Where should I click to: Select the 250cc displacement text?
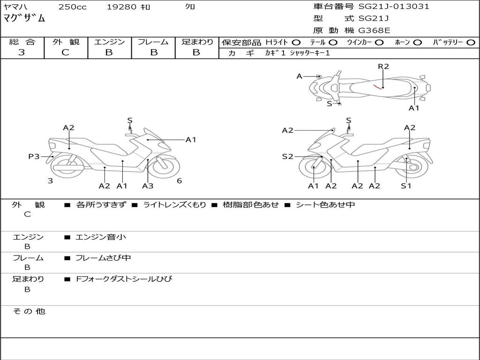tap(72, 7)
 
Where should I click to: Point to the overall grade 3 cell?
tap(22, 52)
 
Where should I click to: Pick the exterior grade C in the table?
tap(66, 52)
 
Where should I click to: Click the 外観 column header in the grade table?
tap(66, 42)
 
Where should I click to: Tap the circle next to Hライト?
tap(296, 43)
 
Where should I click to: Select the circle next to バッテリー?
tap(471, 43)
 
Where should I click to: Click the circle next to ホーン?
tap(418, 43)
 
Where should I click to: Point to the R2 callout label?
tap(383, 67)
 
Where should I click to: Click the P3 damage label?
tap(34, 157)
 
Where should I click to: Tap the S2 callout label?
tap(288, 157)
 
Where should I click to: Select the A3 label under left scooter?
tap(148, 186)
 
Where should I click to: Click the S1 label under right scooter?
tap(406, 186)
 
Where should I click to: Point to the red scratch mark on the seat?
tap(376, 86)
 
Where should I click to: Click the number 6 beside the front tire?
tap(179, 181)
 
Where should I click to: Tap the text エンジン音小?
tap(101, 237)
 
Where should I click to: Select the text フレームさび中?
tap(103, 258)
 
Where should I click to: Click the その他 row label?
tap(29, 311)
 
